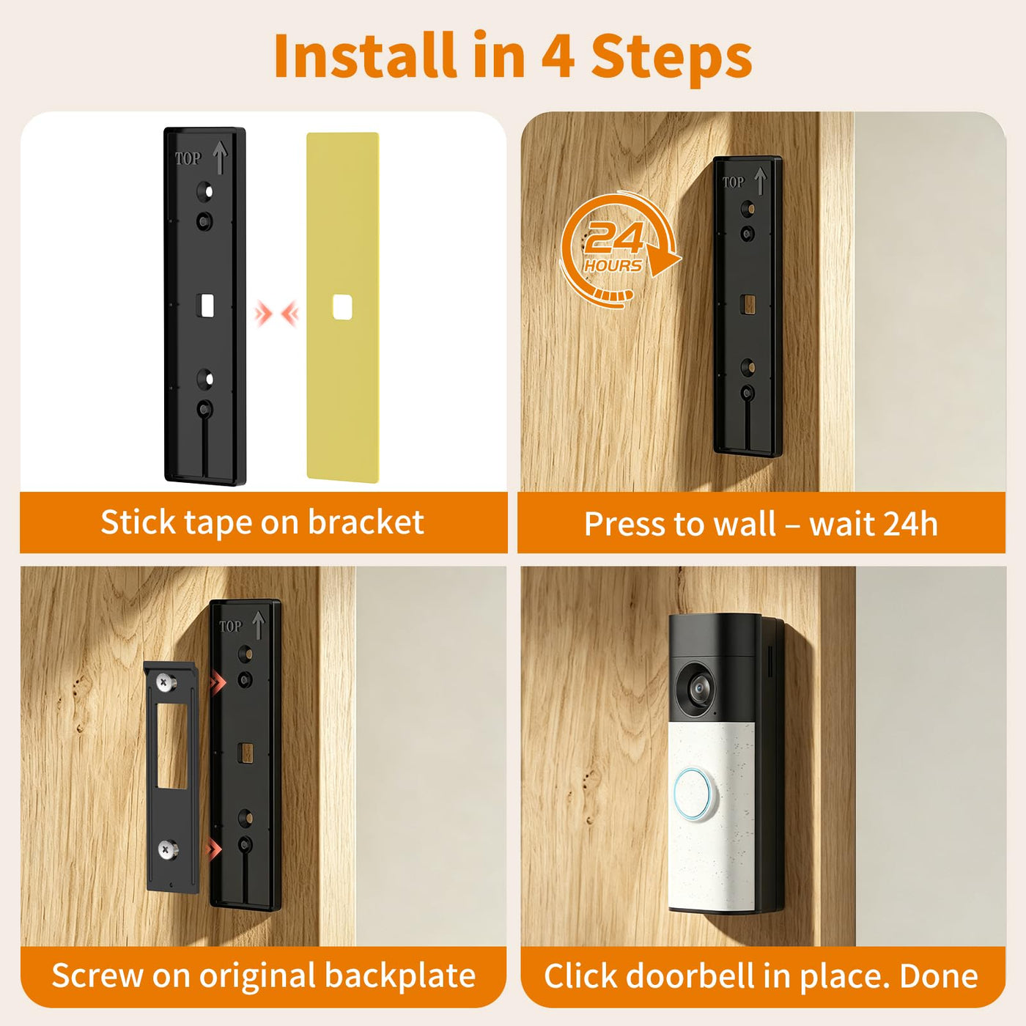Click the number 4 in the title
click(x=558, y=56)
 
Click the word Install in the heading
click(x=365, y=55)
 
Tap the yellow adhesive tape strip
click(x=343, y=307)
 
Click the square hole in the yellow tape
click(x=342, y=307)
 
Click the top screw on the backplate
click(x=166, y=682)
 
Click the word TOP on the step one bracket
click(x=188, y=159)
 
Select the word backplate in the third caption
click(x=400, y=975)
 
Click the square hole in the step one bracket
click(x=205, y=306)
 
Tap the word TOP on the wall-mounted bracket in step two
click(x=733, y=182)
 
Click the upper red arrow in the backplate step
click(x=217, y=682)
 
